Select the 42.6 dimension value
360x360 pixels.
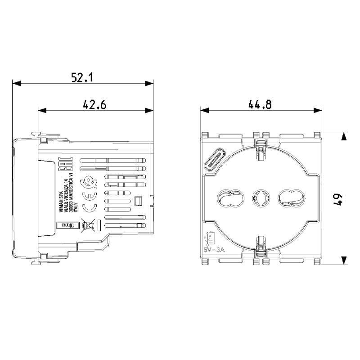(94, 105)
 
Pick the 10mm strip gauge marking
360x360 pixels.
(66, 225)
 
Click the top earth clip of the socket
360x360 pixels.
(260, 148)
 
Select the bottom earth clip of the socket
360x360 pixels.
(260, 245)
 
